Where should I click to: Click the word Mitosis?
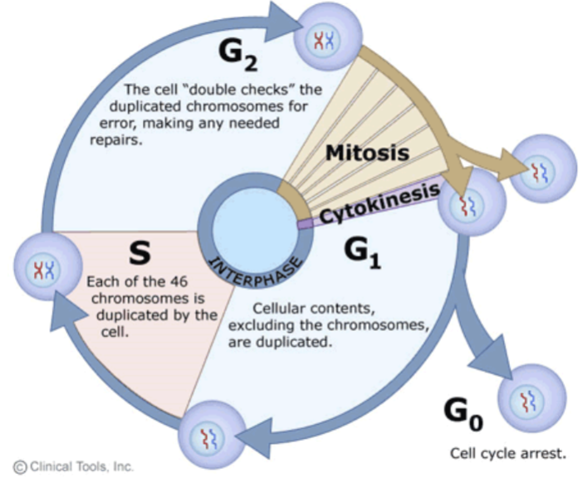[366, 153]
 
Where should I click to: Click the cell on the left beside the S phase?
[39, 267]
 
